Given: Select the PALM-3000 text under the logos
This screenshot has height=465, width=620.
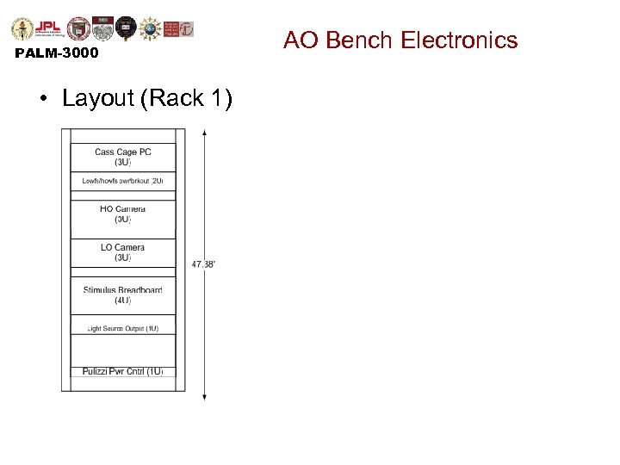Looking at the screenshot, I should tap(57, 53).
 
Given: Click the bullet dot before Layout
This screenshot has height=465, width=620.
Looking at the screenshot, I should tap(42, 99).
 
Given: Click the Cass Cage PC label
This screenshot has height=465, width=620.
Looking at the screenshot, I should tap(123, 152).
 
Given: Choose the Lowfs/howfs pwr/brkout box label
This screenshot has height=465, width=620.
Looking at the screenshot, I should tap(123, 181).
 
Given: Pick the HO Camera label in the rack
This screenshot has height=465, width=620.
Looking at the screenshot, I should tap(123, 209).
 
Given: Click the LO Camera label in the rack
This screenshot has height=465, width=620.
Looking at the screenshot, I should tap(123, 248).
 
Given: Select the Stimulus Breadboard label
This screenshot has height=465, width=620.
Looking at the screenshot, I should tap(123, 290).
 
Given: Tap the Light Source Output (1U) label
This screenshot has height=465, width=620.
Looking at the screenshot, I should tap(123, 328).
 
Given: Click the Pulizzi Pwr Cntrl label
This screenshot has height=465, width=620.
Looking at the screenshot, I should tap(123, 371).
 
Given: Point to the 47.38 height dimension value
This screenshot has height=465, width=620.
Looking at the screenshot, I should tap(203, 264).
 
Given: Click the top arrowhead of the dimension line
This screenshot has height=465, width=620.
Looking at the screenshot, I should tap(204, 133).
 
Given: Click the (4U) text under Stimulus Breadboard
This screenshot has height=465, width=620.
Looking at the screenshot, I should tap(123, 301).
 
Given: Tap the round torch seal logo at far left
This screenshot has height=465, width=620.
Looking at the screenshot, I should tap(22, 28).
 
